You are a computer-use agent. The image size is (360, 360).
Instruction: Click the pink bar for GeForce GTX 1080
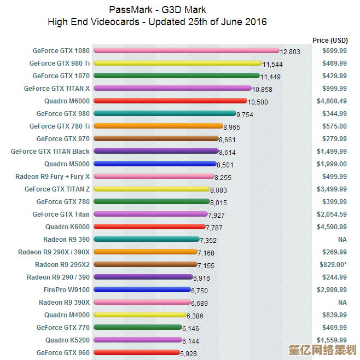[186, 50]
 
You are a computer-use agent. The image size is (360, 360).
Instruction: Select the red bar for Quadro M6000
[170, 101]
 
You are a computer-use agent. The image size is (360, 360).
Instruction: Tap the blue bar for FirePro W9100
[142, 289]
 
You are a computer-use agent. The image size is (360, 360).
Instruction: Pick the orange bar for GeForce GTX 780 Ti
[158, 126]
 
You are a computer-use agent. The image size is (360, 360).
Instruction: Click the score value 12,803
[290, 52]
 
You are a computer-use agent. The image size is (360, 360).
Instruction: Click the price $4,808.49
[332, 101]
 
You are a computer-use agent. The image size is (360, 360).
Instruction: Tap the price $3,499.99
[332, 189]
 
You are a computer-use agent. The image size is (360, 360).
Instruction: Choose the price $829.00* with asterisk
[333, 265]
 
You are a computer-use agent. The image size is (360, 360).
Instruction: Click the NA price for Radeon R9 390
[342, 240]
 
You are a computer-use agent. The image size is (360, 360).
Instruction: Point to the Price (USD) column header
[330, 40]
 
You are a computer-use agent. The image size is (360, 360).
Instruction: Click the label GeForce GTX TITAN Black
[50, 152]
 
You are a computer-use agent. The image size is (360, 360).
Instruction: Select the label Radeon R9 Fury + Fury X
[53, 177]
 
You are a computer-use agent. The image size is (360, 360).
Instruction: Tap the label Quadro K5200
[67, 340]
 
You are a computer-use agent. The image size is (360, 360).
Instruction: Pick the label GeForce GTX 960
[63, 353]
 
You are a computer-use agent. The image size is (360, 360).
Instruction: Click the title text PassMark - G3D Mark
[158, 10]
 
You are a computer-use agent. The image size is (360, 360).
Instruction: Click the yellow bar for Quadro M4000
[140, 315]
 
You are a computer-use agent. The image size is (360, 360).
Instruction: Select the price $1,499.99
[332, 152]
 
